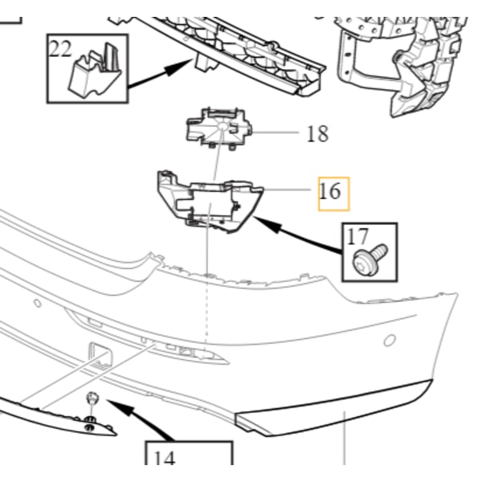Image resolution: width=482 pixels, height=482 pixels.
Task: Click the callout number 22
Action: tap(60, 49)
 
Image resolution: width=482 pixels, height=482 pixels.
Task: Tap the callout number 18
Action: tap(317, 134)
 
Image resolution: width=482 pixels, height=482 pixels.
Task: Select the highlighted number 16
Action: tap(330, 191)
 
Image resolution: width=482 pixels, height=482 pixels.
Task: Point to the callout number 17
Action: tap(357, 236)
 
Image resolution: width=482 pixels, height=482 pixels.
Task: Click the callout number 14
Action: tap(165, 458)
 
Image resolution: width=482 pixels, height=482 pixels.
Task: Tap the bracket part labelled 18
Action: tap(219, 129)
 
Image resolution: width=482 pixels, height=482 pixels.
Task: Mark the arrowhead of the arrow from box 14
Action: tap(120, 406)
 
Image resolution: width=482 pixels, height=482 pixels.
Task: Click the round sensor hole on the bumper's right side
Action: tap(389, 341)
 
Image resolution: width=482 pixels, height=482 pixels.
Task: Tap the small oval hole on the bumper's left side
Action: tap(38, 303)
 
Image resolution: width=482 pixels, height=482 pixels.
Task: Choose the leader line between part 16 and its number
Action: tap(287, 190)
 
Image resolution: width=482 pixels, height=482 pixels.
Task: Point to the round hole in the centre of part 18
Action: tap(223, 126)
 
